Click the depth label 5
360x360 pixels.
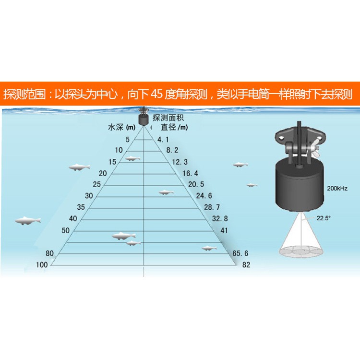128,139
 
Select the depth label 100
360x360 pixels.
42,264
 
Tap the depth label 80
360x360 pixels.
49,253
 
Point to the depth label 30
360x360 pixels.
89,196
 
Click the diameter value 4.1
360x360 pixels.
163,139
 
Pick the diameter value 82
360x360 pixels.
246,264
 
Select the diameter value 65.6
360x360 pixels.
240,253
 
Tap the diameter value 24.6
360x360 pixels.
204,196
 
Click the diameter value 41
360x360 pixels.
224,230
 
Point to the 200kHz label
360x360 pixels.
337,189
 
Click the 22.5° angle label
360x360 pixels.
324,218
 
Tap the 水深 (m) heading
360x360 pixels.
122,127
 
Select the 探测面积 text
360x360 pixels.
168,118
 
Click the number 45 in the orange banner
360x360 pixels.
157,94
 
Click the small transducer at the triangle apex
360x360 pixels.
144,117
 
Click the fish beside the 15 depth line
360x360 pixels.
132,158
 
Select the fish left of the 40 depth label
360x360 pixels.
28,221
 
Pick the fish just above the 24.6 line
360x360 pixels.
166,192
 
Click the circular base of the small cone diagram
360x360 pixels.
301,252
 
